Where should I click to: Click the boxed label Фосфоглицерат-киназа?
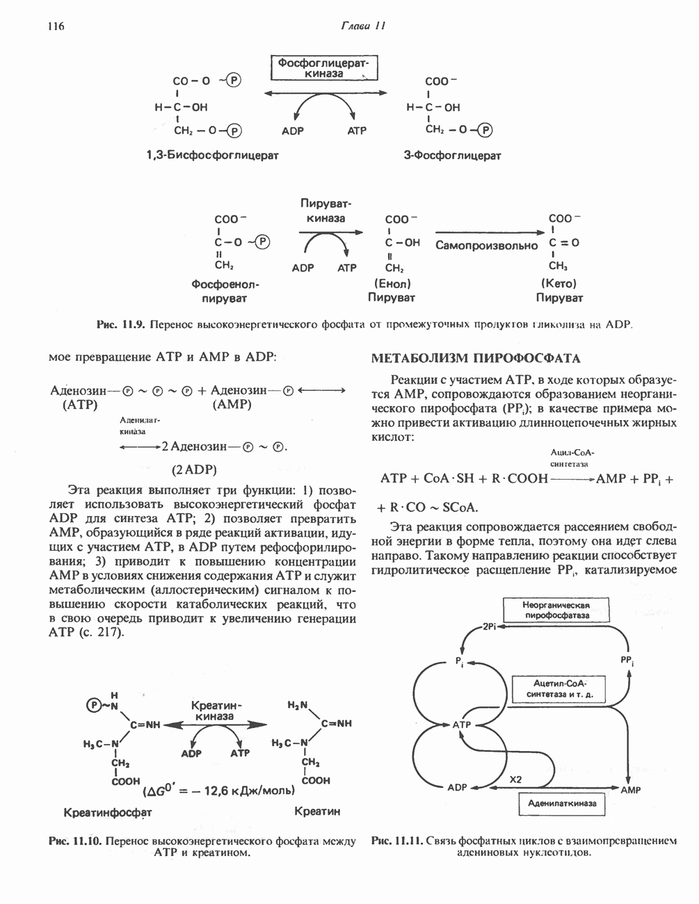323,68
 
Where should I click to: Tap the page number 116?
55,26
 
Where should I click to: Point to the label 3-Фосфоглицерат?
452,155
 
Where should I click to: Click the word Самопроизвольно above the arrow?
487,245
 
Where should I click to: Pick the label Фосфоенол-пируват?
225,291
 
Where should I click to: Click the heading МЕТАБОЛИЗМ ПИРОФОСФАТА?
476,359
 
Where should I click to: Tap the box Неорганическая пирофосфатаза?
556,610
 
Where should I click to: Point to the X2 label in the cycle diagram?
515,780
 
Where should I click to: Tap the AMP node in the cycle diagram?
631,790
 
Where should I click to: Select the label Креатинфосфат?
108,812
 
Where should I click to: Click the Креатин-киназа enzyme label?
215,711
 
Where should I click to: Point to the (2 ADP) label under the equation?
195,467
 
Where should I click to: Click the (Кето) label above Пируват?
559,284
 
